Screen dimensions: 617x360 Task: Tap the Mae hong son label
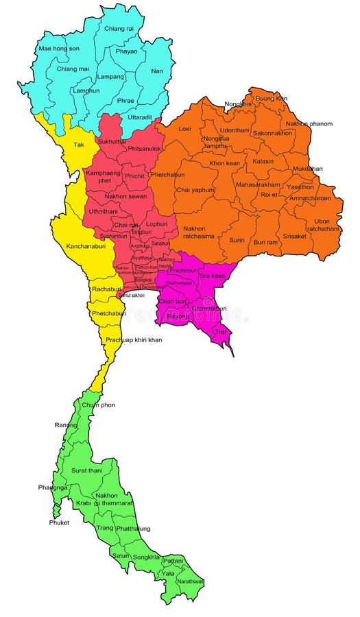click(58, 49)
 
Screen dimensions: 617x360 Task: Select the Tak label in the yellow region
click(79, 145)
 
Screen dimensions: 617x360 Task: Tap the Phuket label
click(60, 522)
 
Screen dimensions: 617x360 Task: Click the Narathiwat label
click(191, 581)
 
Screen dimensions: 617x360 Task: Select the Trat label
click(221, 332)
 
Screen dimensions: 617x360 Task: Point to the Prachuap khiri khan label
click(134, 340)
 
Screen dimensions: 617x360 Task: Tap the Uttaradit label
click(139, 117)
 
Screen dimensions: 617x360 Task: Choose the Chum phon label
click(99, 404)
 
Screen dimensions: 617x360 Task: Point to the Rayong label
click(178, 316)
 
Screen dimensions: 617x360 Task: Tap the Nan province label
click(157, 70)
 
